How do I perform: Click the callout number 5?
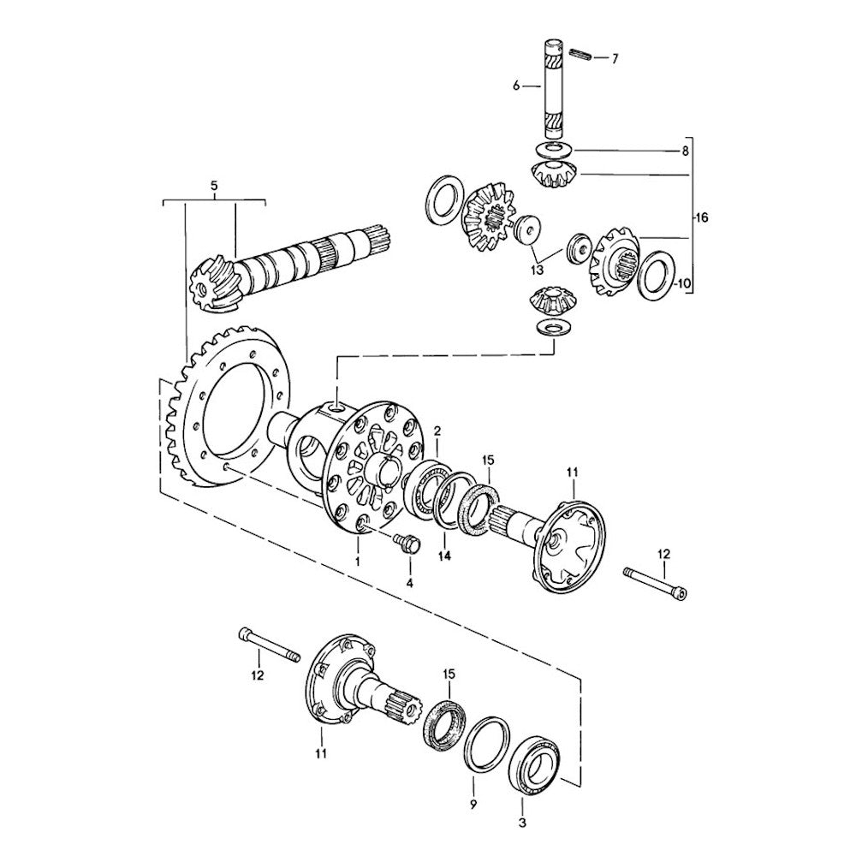click(214, 184)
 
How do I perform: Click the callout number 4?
click(409, 582)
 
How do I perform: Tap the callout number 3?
click(522, 823)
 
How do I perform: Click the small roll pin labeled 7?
click(583, 56)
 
